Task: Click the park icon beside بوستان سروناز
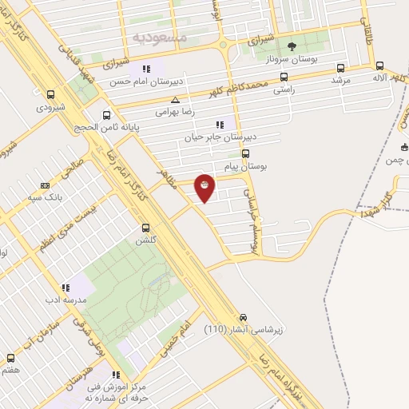pos(291,46)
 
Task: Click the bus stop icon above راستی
pos(284,77)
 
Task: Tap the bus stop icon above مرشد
pos(341,68)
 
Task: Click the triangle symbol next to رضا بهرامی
pos(175,100)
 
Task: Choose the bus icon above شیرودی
pos(51,94)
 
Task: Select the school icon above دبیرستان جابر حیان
pos(220,125)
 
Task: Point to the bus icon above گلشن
pos(145,228)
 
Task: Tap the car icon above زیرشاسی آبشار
pos(244,316)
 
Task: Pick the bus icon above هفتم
pos(10,357)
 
